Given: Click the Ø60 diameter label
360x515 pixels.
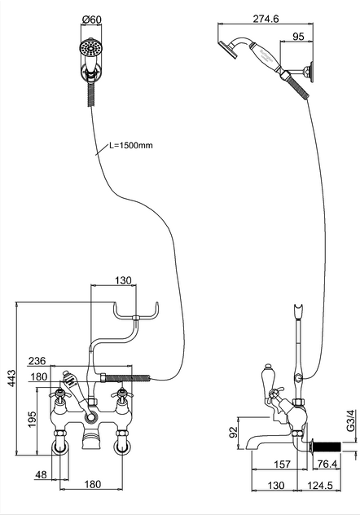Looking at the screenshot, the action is tap(92, 20).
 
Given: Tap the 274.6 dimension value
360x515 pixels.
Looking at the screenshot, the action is tap(266, 19).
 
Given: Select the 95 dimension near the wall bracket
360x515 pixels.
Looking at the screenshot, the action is tap(298, 36).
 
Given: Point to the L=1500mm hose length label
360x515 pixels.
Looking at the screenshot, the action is tap(131, 145).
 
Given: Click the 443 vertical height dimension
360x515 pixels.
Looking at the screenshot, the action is tap(11, 378).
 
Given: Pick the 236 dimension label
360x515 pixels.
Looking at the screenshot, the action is tap(37, 361).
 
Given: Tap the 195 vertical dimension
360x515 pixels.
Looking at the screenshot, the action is tap(32, 419).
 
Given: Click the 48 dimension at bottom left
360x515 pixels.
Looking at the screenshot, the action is tap(41, 474).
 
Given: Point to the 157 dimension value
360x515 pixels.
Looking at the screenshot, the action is tap(282, 464).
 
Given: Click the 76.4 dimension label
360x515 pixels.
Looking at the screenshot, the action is tap(325, 464).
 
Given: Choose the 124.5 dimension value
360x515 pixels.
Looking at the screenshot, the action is tap(320, 485).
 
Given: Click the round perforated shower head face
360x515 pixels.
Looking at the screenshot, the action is tap(90, 49).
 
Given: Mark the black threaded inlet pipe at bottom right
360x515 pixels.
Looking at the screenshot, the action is tap(328, 447).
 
